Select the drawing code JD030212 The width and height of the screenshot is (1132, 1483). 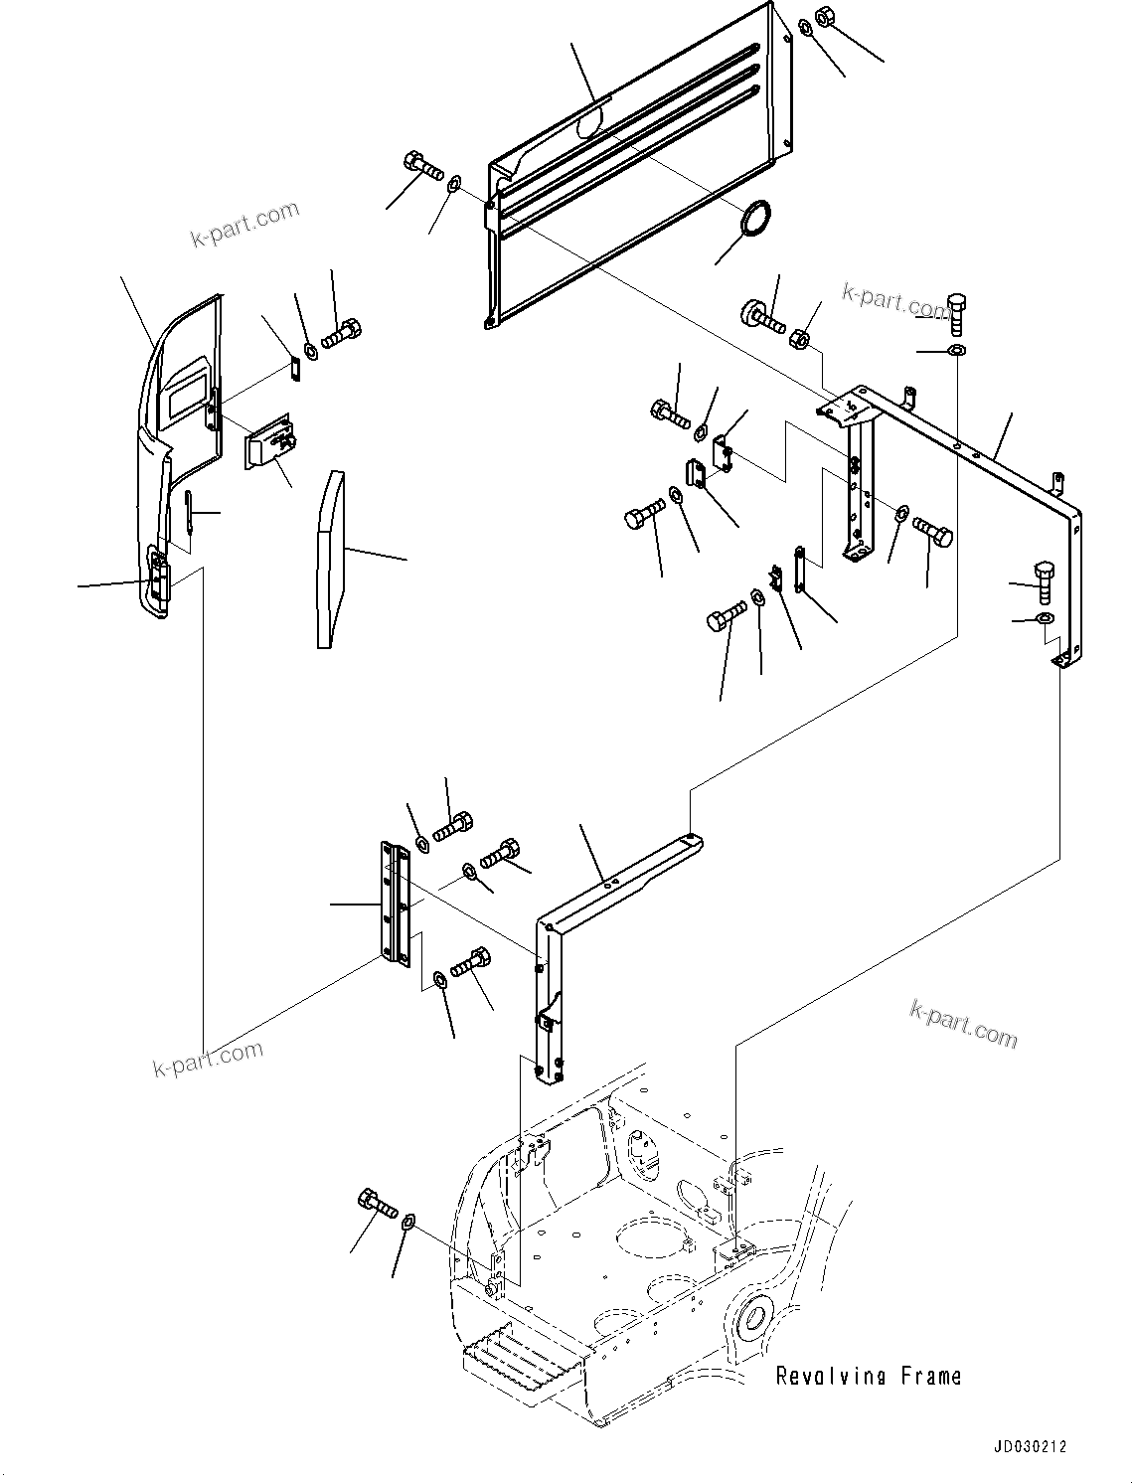click(x=1028, y=1447)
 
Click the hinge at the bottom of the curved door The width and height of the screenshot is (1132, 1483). click(x=159, y=577)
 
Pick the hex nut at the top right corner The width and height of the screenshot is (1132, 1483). click(x=824, y=17)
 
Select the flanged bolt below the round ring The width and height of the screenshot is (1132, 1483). click(x=761, y=315)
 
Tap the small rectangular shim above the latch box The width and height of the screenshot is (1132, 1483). click(x=294, y=368)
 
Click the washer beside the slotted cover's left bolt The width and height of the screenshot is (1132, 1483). click(x=454, y=183)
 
